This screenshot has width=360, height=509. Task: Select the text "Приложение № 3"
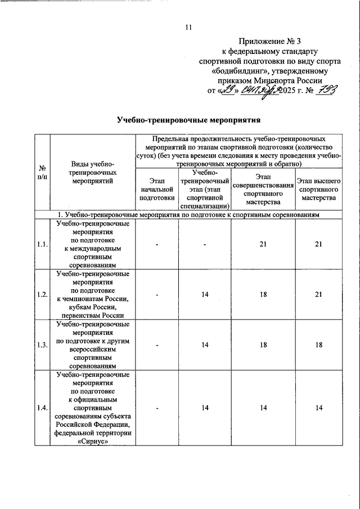tap(269, 41)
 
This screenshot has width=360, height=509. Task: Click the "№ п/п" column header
tap(42, 172)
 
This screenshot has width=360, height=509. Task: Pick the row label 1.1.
tap(42, 244)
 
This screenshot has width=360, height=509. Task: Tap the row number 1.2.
tap(42, 294)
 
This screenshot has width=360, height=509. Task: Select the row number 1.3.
tap(42, 345)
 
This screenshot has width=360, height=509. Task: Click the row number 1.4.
tap(42, 407)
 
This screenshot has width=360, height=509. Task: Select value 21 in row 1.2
tap(318, 294)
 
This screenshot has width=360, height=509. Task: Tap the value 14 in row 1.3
tap(205, 345)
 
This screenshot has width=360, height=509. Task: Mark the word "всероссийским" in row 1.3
tap(93, 349)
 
